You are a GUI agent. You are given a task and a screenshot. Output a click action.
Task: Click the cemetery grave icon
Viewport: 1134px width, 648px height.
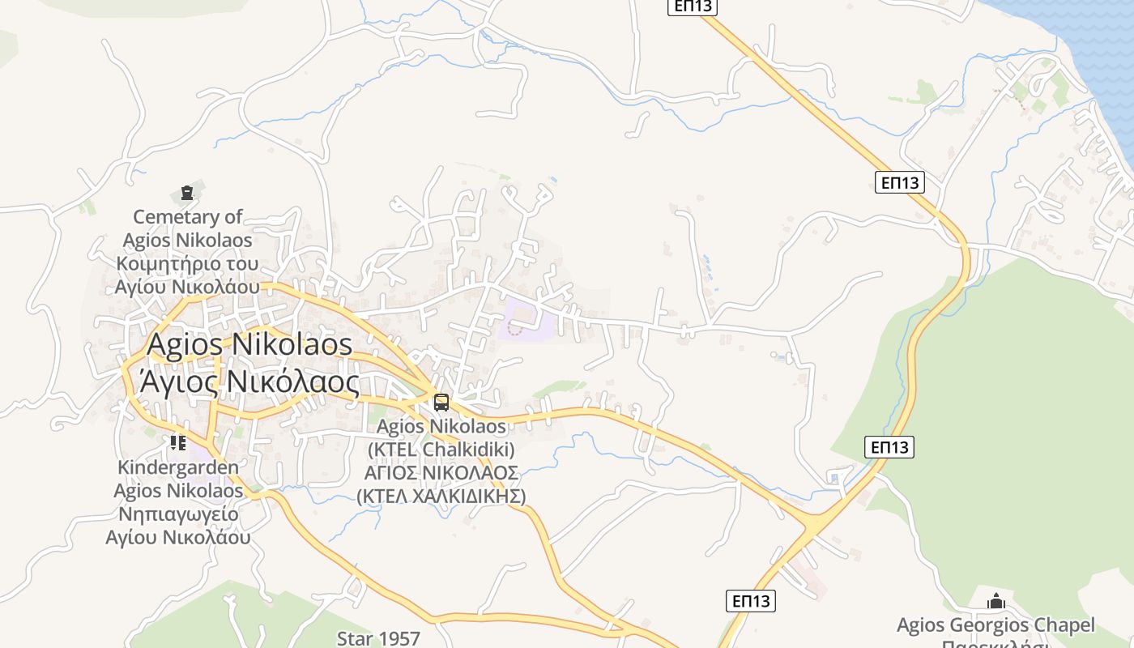coord(187,193)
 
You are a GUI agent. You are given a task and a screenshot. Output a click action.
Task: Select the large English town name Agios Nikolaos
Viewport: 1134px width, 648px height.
coord(249,344)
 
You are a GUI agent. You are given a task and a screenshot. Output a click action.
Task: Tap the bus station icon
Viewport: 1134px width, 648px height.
coord(441,402)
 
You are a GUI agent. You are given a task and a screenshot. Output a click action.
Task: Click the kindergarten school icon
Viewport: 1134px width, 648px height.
coord(177,442)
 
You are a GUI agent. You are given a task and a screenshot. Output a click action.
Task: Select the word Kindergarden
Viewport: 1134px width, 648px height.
coord(178,467)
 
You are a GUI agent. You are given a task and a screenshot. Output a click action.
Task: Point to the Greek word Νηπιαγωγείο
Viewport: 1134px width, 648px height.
coord(178,514)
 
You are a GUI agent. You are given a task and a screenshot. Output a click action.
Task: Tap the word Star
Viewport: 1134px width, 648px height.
coord(354,638)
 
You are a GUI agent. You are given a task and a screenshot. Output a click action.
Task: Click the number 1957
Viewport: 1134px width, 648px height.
coord(398,638)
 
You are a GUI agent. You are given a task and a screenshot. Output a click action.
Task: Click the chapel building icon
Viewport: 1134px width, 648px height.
coord(995,601)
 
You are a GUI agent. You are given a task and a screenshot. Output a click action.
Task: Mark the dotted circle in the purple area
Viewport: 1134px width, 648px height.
coord(515,328)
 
